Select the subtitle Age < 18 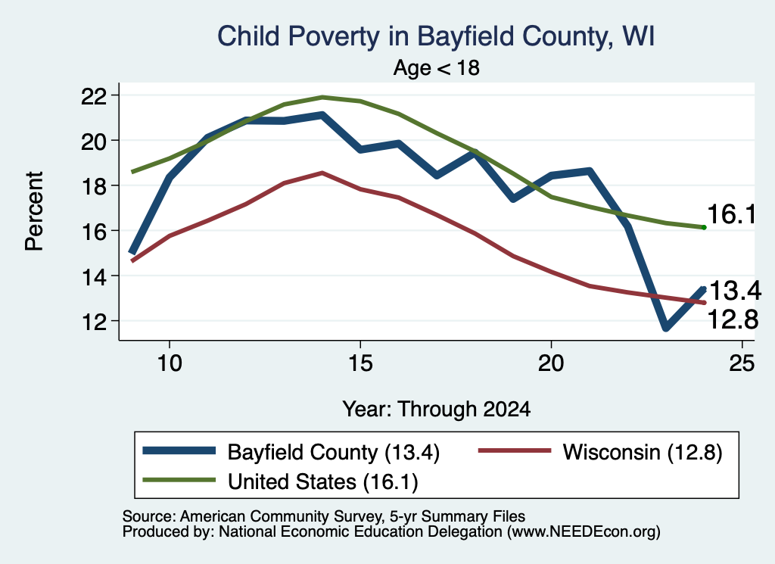436,67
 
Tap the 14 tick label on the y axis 93,276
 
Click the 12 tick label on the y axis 93,322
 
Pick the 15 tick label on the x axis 360,363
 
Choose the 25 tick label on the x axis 742,363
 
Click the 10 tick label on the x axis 170,363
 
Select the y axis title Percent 34,211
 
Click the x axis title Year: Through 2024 437,410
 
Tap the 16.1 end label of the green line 732,214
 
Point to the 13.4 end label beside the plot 735,291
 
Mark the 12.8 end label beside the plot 733,319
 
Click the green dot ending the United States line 704,227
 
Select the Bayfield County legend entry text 334,452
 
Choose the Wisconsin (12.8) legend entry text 643,452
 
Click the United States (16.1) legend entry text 322,482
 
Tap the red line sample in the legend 514,450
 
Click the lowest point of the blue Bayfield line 666,327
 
